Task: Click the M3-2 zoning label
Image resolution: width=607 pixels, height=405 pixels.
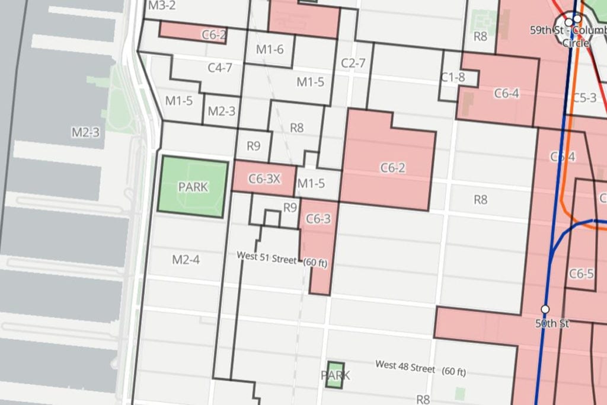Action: (x=162, y=6)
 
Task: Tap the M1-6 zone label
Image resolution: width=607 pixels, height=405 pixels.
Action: (x=270, y=50)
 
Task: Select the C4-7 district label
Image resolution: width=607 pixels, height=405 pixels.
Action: (x=220, y=68)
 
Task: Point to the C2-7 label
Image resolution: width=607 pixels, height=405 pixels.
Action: (x=353, y=63)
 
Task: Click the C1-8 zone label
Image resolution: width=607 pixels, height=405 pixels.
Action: (x=452, y=76)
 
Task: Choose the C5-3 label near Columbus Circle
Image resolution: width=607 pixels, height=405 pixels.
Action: (x=584, y=97)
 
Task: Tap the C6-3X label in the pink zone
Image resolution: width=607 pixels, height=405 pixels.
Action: (x=264, y=178)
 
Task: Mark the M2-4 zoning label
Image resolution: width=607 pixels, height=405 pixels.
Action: (x=186, y=259)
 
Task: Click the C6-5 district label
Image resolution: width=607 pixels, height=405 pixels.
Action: (x=581, y=274)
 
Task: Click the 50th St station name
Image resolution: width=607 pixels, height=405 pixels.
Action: (x=552, y=324)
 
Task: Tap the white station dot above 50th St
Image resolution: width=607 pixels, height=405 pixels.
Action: (x=545, y=309)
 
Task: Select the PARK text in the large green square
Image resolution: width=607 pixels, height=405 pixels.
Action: (x=193, y=187)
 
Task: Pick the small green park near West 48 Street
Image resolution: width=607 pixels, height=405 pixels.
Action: (x=336, y=375)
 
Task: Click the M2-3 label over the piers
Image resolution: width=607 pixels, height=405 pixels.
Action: (x=85, y=132)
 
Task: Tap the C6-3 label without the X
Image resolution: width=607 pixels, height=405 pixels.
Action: (x=318, y=219)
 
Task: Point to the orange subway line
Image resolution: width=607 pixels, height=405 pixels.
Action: (x=568, y=119)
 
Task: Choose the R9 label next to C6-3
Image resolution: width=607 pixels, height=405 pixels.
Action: (x=290, y=208)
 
